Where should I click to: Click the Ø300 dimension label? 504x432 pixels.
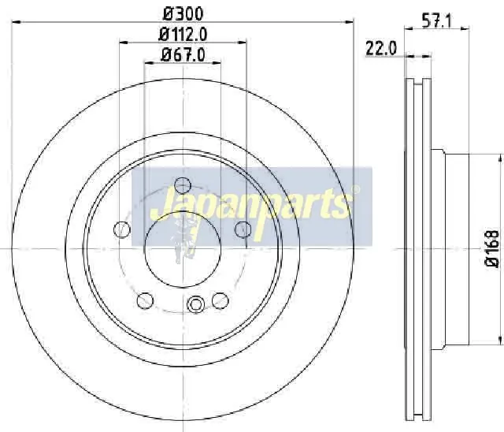coord(183,14)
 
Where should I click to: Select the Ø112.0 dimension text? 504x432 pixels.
coord(183,35)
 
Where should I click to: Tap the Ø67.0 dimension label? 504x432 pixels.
coord(183,54)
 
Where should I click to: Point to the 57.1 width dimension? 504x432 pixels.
coord(436,21)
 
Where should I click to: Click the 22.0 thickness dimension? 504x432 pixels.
coord(381,49)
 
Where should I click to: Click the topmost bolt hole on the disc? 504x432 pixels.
coord(183,185)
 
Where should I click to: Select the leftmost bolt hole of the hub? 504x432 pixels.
coord(122,229)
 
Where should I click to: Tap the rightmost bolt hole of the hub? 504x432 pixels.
coord(243,229)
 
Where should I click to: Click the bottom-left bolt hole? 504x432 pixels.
coord(145,301)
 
